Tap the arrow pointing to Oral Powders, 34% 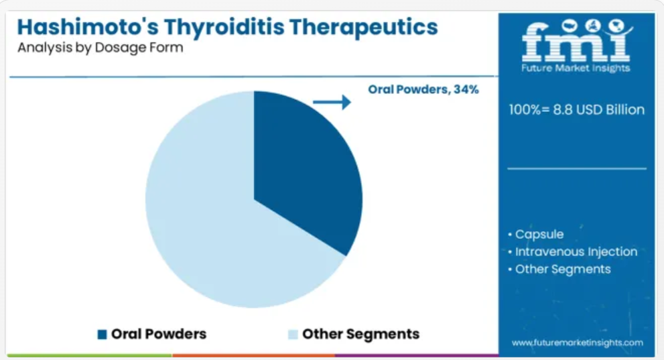point(332,102)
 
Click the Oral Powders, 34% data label point(423,89)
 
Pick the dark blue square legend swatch point(102,335)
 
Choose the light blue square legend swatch point(293,335)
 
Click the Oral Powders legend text point(159,334)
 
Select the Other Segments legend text point(360,334)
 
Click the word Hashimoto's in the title point(88,27)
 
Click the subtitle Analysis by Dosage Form point(101,48)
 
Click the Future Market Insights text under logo point(576,68)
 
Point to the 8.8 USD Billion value point(599,110)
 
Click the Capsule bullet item point(536,234)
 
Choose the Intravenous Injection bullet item point(572,251)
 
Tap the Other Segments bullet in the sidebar point(559,269)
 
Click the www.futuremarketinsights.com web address point(577,343)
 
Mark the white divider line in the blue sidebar point(577,168)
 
